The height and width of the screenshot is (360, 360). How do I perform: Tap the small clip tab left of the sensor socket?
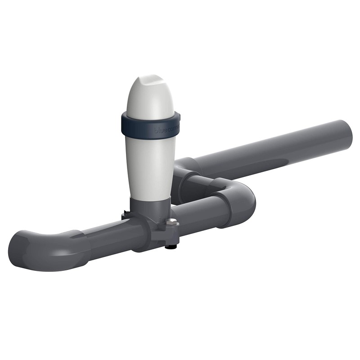(x=125, y=216)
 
